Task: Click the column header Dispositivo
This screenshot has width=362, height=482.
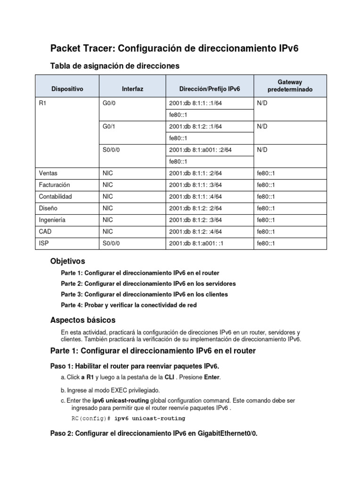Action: click(x=67, y=88)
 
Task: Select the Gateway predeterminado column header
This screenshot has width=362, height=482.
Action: click(x=290, y=86)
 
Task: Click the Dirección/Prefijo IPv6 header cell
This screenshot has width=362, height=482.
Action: click(x=209, y=88)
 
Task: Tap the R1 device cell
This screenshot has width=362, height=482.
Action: click(x=42, y=103)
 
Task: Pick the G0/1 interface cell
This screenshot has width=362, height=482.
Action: click(x=109, y=127)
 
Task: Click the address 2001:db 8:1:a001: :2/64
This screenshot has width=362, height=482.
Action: click(x=200, y=150)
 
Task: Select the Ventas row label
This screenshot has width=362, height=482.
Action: click(x=48, y=173)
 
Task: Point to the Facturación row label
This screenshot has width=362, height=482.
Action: click(x=54, y=185)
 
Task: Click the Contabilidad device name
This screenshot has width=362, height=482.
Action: click(x=55, y=197)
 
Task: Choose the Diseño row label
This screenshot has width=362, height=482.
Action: click(x=48, y=209)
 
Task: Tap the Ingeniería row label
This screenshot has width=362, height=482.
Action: click(x=52, y=220)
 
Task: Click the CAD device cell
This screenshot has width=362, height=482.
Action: click(x=44, y=232)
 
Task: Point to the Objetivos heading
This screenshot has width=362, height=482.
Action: click(x=67, y=261)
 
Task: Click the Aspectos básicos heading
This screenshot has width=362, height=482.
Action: click(x=82, y=320)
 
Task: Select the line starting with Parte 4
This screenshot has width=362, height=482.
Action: click(x=129, y=305)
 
